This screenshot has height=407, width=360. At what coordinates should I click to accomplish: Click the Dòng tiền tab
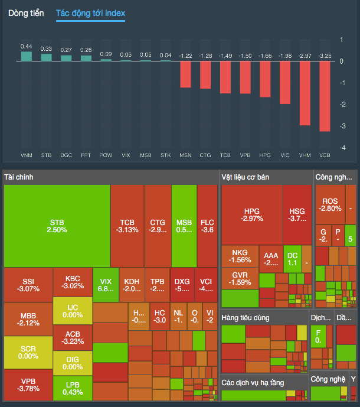point(26,13)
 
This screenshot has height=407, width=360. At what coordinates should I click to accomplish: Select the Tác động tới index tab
point(90,13)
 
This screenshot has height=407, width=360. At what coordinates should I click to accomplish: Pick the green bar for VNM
point(26,56)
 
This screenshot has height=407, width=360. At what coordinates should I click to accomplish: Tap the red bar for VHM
point(305,93)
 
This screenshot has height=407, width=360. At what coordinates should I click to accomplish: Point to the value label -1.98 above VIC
point(284,56)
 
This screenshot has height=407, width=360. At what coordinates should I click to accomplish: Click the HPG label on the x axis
point(264,155)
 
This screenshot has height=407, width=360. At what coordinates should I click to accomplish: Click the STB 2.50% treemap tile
point(57,226)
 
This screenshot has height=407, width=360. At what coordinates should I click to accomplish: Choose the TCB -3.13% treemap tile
point(127,226)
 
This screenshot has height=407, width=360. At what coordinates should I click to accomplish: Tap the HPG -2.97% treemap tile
point(252,214)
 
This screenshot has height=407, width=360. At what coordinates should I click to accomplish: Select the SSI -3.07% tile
point(28,285)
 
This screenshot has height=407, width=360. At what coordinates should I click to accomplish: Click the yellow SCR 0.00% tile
point(28,353)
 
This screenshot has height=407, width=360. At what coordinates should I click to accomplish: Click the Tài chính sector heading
point(19,177)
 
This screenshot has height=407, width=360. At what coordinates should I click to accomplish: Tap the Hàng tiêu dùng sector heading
point(246,318)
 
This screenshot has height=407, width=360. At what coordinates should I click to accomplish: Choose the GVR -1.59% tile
point(240,278)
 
